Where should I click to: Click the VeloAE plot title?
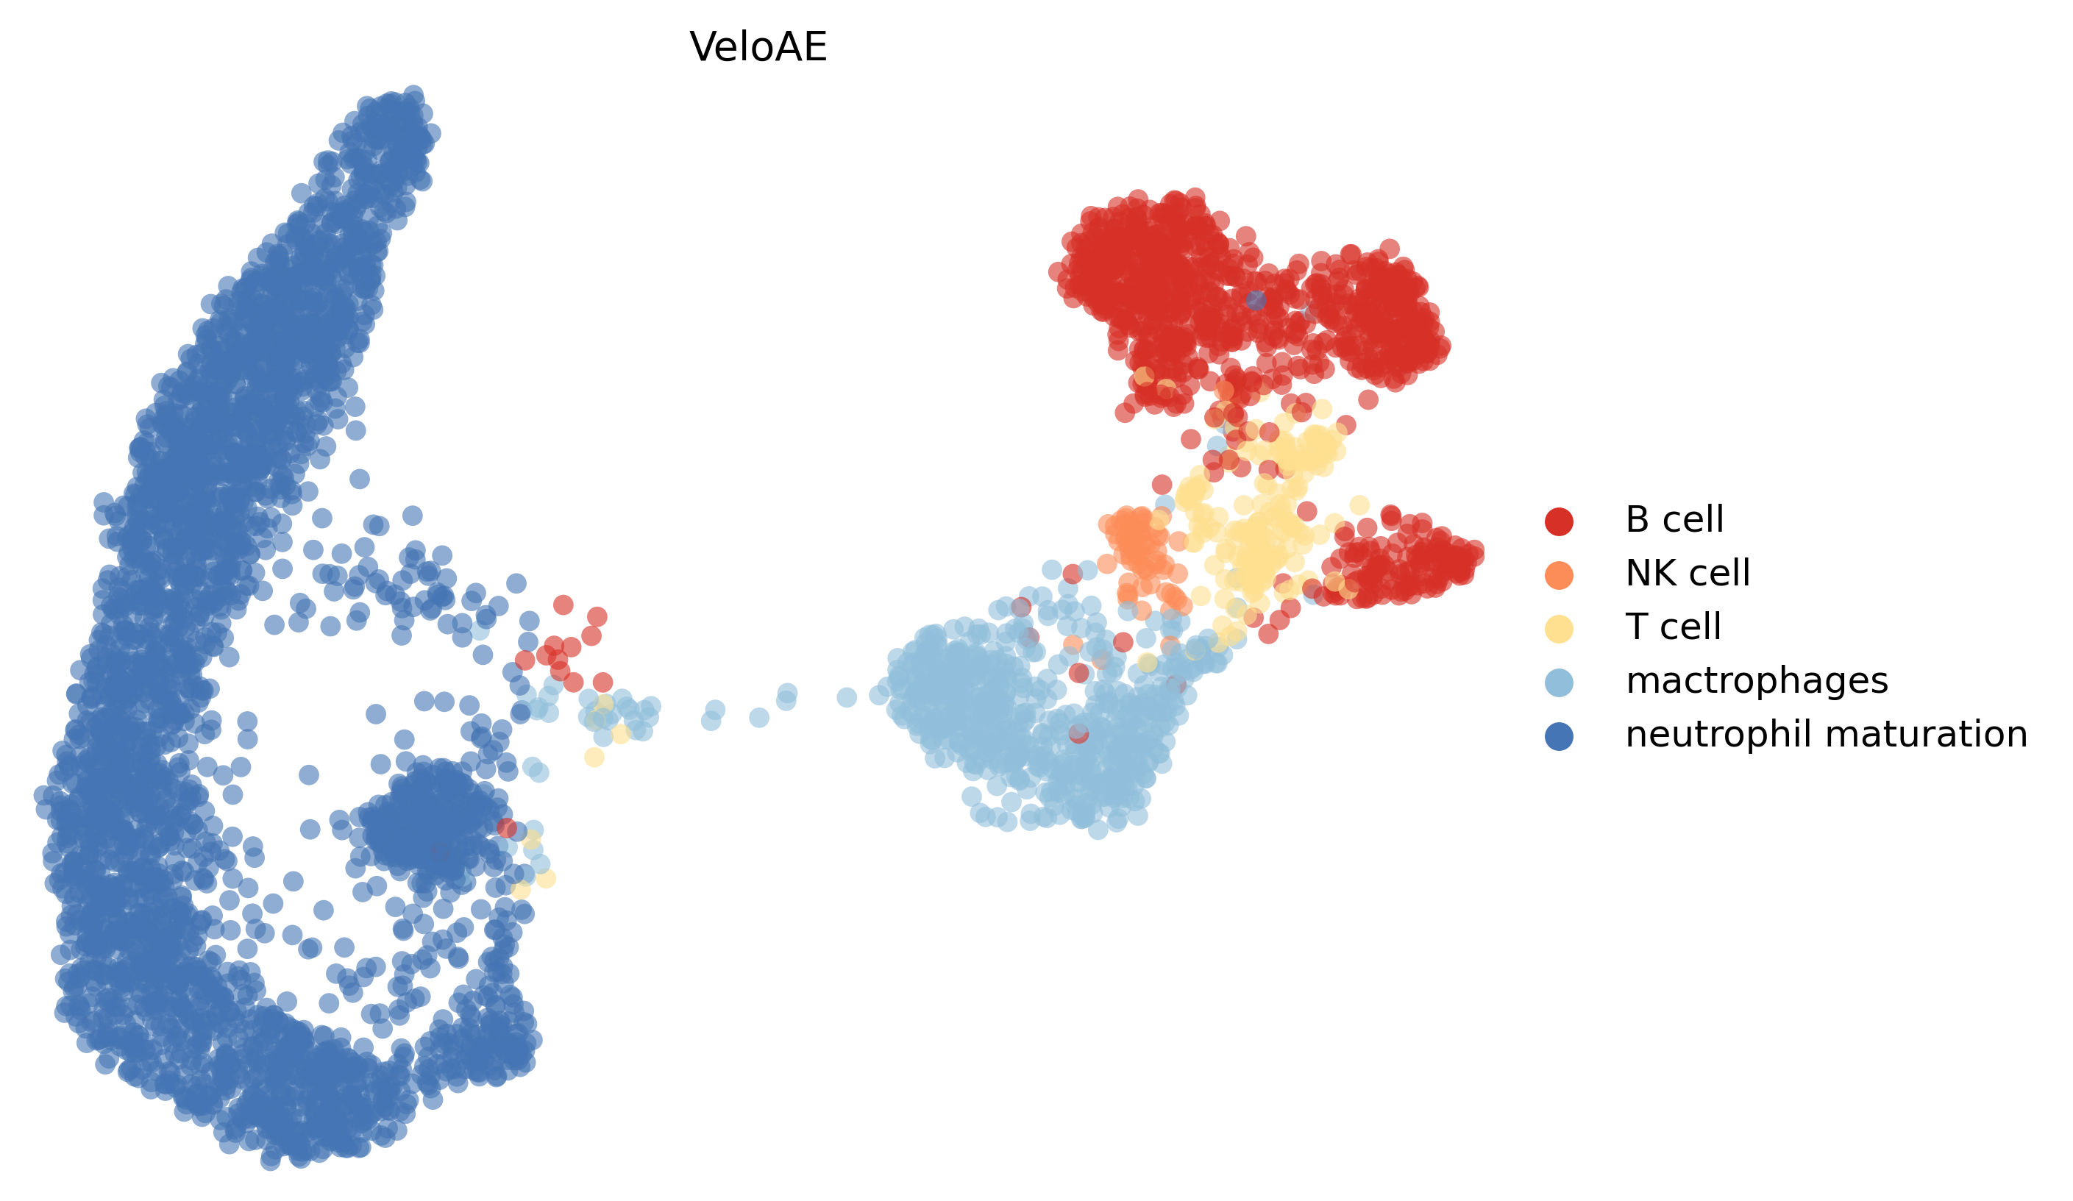coord(758,47)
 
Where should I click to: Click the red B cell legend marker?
coord(1559,521)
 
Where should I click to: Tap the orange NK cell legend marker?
coord(1559,575)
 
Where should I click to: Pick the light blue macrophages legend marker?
coord(1559,682)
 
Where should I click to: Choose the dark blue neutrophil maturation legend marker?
coord(1559,736)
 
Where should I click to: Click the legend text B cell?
coord(1674,520)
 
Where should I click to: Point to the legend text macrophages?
coord(1756,681)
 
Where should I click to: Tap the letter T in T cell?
coord(1635,627)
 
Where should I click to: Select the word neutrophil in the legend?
coord(1715,735)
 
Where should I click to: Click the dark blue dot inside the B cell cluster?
coord(1255,300)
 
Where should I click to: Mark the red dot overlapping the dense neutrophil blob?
coord(507,827)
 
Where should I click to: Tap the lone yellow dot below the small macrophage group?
coord(594,758)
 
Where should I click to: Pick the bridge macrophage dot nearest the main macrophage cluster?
coord(847,697)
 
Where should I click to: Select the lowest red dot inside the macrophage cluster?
coord(1078,734)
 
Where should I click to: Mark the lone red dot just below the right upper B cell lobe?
coord(1368,400)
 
